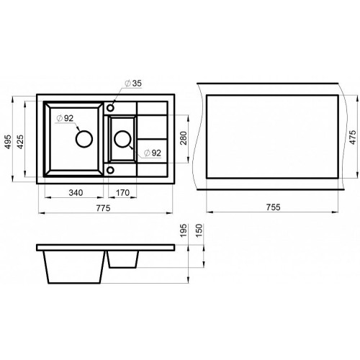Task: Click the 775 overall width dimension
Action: [x=103, y=208]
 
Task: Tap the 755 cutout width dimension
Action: [x=273, y=207]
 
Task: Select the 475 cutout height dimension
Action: [x=352, y=138]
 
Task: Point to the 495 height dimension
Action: [x=8, y=142]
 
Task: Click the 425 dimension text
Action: [x=21, y=142]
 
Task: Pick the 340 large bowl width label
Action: [x=76, y=192]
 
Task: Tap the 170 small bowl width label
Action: [x=122, y=192]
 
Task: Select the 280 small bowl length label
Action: [x=184, y=138]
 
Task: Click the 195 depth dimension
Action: [x=184, y=230]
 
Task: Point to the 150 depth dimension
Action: [x=199, y=230]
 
